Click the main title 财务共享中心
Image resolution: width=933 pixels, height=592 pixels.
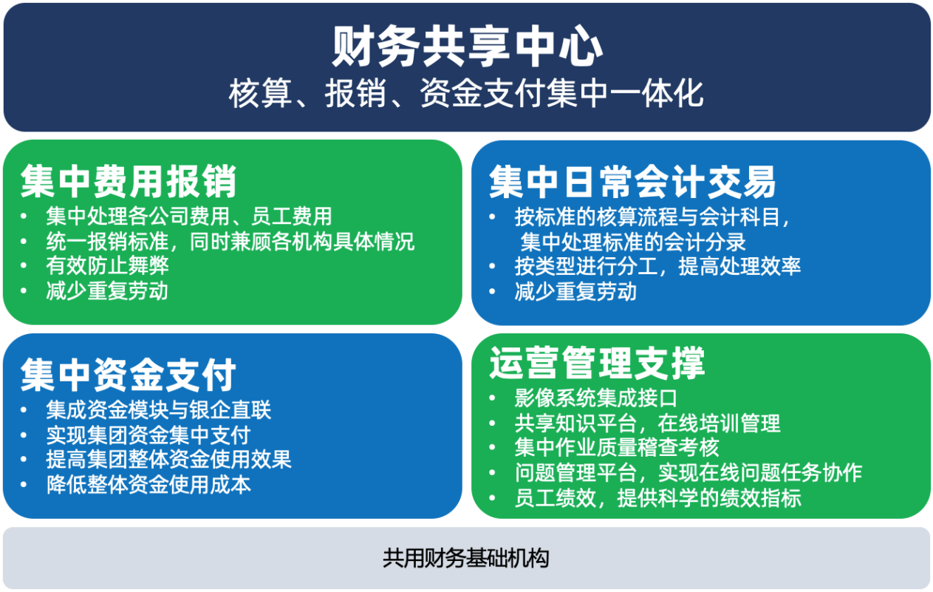coord(467,47)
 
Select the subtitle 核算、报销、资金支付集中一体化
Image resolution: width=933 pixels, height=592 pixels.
coord(466,93)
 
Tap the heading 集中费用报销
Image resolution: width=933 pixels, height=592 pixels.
coord(129,182)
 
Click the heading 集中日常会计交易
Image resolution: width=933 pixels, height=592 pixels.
coord(632,182)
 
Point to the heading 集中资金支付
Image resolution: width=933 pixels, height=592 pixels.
coord(129,375)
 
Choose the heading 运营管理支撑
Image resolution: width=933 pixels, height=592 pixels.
coord(597,363)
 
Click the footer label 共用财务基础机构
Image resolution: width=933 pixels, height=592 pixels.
coord(466,558)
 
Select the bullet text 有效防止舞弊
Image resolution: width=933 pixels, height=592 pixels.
coord(107,266)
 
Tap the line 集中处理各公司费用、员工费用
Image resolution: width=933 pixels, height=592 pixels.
coord(189,217)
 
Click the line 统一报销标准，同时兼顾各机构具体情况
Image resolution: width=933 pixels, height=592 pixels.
coord(230,241)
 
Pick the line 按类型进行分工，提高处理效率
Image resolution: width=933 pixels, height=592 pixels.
coord(657,266)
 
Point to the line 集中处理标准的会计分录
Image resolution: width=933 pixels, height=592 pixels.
coord(632,242)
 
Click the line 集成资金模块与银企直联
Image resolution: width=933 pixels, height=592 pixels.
coord(159,410)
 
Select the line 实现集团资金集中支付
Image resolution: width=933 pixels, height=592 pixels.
coord(148,435)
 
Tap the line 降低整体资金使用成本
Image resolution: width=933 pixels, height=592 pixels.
coord(148,485)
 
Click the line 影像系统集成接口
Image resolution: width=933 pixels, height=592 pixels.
coord(596,398)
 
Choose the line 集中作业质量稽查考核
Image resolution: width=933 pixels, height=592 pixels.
coord(617,447)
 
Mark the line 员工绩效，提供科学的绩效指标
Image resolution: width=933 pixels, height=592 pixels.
coord(657,498)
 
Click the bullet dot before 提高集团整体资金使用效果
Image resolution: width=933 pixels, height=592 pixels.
coord(24,460)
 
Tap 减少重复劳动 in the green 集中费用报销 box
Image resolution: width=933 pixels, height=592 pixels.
coord(107,290)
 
